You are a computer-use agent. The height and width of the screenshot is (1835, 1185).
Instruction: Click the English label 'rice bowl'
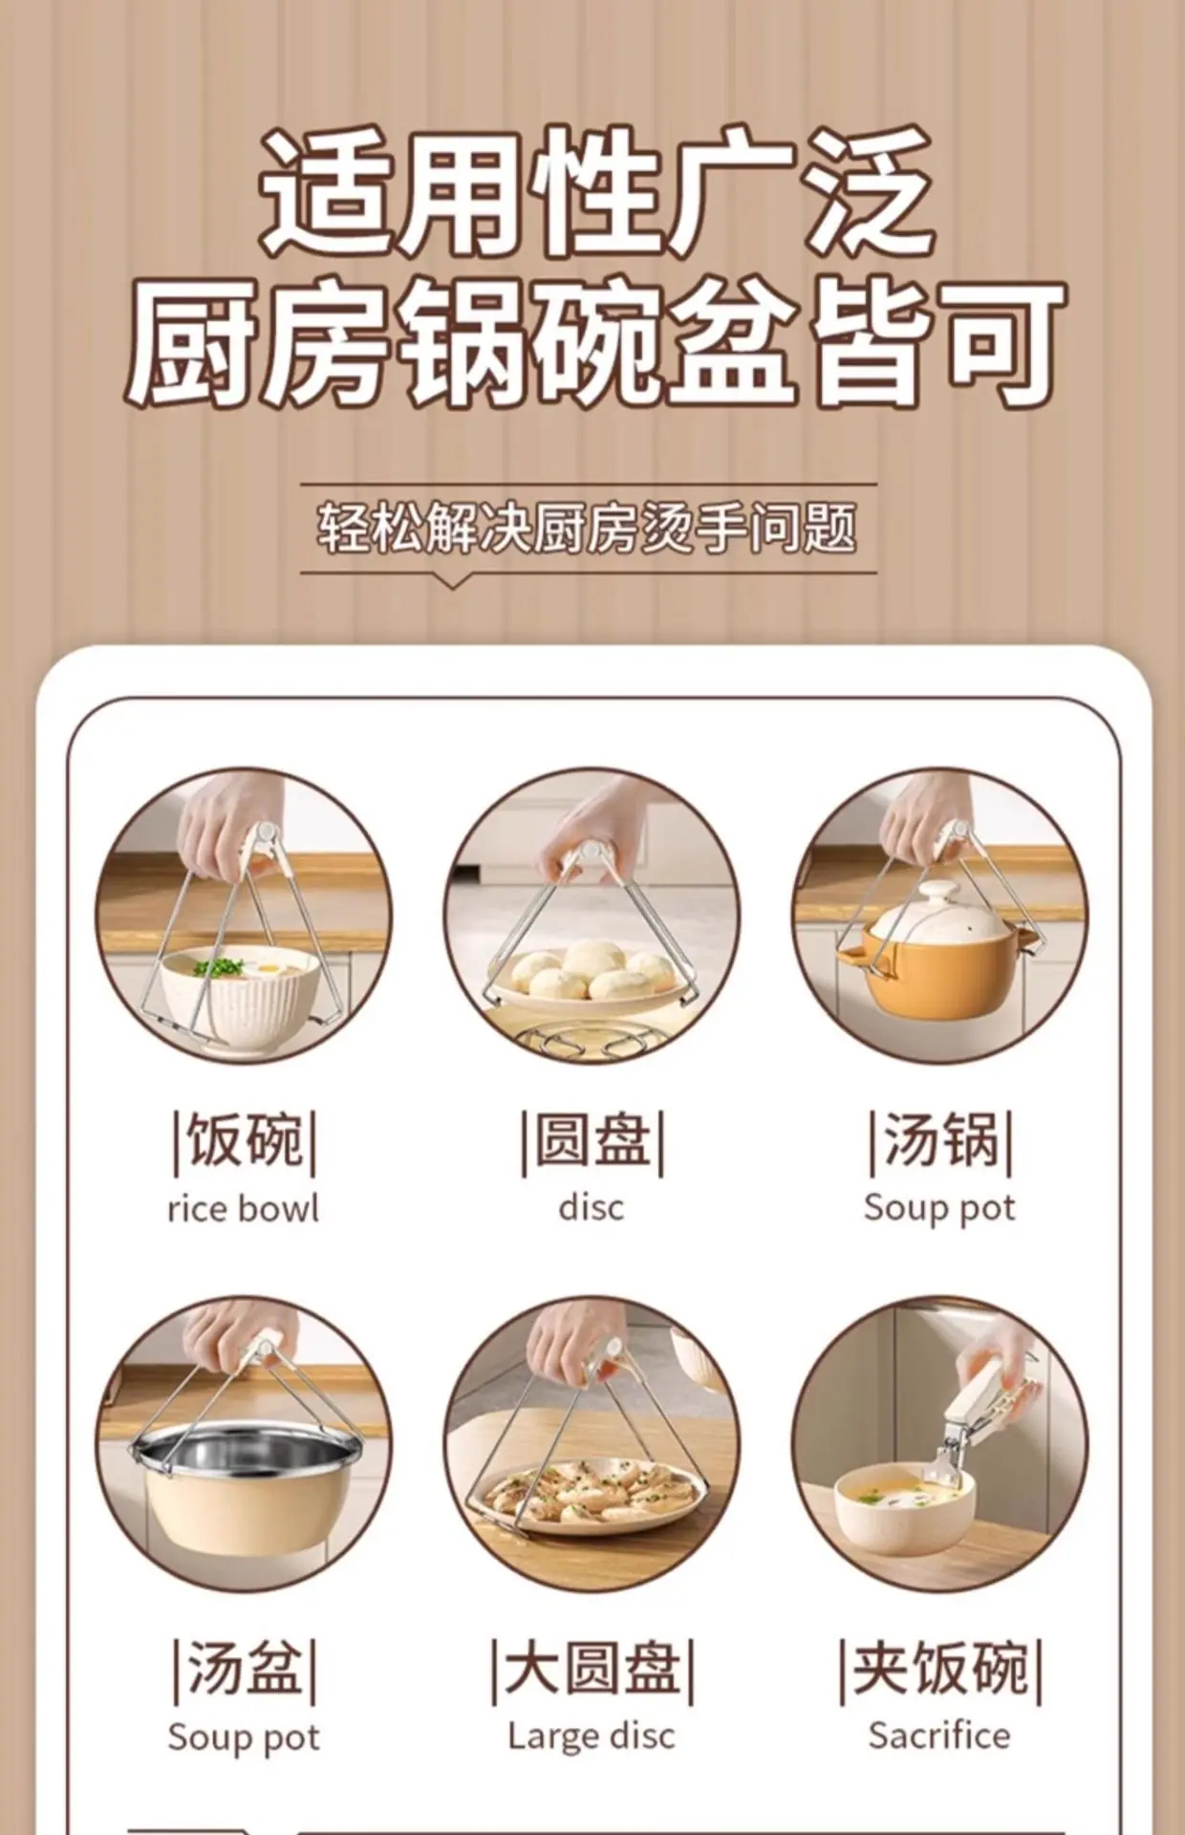243,1209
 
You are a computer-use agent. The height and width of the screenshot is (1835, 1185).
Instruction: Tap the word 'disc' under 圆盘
592,1207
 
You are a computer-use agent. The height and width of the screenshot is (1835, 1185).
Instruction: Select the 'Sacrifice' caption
939,1735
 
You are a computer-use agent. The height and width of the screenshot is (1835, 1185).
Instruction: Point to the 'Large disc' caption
592,1736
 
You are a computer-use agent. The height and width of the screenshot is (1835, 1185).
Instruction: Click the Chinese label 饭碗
244,1140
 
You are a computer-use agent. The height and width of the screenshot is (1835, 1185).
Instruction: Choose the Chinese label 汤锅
940,1140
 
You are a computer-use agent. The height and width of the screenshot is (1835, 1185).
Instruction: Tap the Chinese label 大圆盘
592,1669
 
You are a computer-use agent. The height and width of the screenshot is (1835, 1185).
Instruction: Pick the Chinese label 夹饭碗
940,1669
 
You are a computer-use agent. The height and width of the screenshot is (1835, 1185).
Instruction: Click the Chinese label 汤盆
244,1669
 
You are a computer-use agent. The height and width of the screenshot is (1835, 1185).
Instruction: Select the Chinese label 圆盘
592,1140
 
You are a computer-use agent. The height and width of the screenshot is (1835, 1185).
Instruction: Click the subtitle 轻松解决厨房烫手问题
587,528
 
